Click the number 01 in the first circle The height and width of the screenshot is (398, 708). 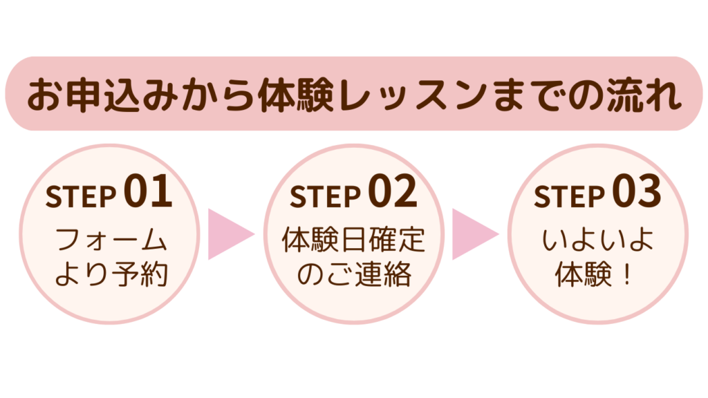(149, 193)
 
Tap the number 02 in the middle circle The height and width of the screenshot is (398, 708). (393, 193)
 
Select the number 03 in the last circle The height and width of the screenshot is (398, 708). (637, 193)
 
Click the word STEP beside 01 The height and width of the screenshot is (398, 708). (80, 197)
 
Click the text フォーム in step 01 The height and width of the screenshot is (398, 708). (111, 241)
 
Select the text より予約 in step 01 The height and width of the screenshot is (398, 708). (111, 275)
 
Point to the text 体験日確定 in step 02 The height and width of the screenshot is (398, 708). (354, 241)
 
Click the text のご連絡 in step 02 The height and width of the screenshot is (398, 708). (354, 275)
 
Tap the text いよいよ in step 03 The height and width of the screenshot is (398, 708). (599, 241)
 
